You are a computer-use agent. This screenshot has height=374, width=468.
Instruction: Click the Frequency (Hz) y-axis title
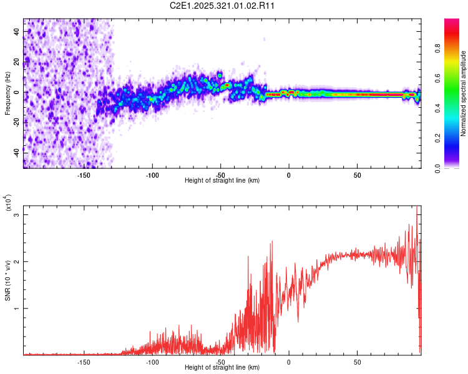point(7,93)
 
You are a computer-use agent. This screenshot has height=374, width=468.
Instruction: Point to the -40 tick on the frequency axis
point(16,152)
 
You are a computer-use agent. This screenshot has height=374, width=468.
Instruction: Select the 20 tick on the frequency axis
point(16,62)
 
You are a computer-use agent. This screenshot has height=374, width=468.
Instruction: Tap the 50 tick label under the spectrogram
point(357,175)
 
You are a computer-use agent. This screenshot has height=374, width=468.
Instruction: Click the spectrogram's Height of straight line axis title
point(222,181)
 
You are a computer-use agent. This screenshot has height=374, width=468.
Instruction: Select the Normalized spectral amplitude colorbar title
point(464,93)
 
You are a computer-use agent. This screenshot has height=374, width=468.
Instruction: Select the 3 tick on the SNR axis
point(17,215)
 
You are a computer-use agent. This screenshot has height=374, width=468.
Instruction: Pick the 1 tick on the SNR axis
point(17,309)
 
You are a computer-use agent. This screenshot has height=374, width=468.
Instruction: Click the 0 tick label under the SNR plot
point(289,362)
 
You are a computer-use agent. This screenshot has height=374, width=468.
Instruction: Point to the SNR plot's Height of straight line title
point(222,368)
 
